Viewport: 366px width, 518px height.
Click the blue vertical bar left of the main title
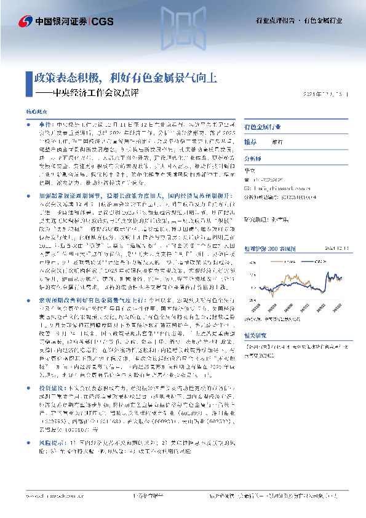coord(29,82)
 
